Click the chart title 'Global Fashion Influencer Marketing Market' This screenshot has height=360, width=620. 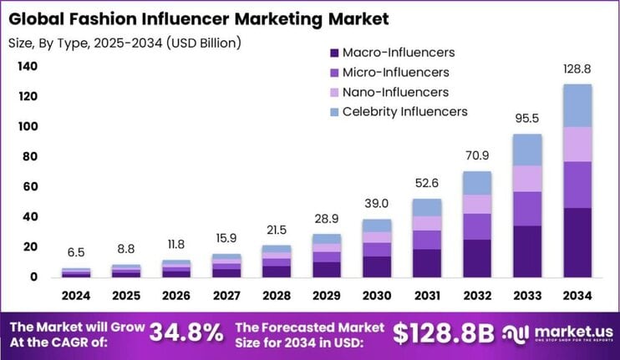(201, 17)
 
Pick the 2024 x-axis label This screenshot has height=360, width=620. (77, 297)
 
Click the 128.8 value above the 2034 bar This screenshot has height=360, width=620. (577, 71)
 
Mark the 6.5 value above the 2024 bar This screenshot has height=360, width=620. (77, 252)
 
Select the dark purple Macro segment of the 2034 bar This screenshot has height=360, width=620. (577, 242)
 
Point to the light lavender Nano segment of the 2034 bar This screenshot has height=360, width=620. (577, 144)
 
